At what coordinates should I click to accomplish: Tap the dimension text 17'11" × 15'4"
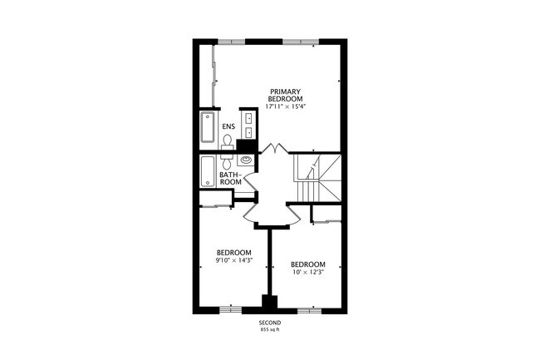point(285,107)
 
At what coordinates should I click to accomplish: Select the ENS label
point(228,126)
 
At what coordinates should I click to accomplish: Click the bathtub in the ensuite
point(208,129)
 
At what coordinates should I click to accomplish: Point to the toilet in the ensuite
point(227,141)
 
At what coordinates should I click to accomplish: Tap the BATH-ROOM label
point(230,178)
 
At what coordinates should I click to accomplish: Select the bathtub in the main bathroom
point(208,171)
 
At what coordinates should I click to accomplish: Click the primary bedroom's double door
point(272,149)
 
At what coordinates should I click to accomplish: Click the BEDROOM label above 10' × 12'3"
point(307,264)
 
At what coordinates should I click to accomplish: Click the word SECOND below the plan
point(269,323)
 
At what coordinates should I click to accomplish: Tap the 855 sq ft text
point(269,330)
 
